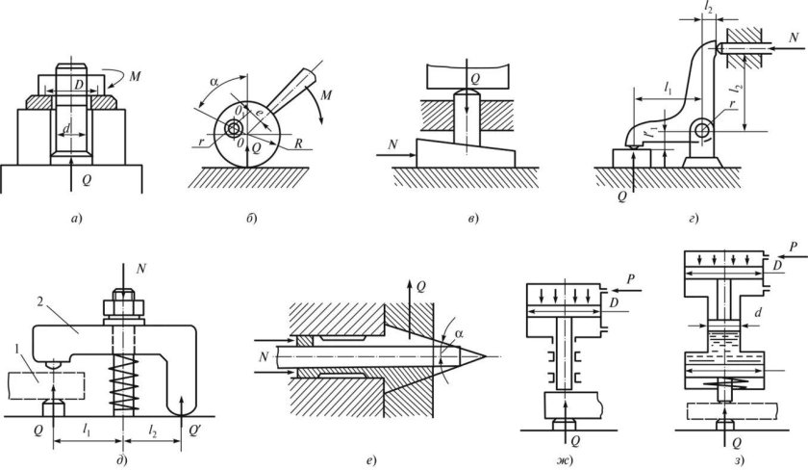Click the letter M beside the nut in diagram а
coord(135,77)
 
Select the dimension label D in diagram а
coord(79,84)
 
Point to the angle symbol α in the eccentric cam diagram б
coord(215,82)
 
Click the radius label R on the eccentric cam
coord(298,144)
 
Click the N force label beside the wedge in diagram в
coord(392,145)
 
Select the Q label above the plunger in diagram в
coord(475,79)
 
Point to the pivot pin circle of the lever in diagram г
coord(701,129)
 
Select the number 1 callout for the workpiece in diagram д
coord(18,350)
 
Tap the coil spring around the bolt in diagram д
coord(123,380)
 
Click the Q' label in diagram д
coord(194,430)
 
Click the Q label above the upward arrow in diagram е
coord(421,286)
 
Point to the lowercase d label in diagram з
coord(758,313)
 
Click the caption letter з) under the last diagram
coord(738,459)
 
